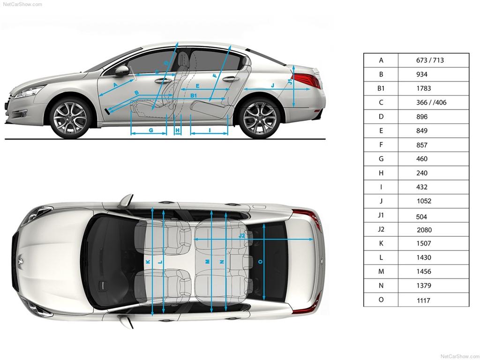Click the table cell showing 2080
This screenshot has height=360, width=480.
pos(424,230)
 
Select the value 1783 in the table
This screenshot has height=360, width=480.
pos(423,89)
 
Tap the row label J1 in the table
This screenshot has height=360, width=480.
pos(381,215)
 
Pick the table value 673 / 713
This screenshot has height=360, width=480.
pos(430,60)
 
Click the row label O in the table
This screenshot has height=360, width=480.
pos(381,300)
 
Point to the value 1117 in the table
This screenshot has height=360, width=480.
pos(423,300)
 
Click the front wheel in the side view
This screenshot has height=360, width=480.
pos(70,118)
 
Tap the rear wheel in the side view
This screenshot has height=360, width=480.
pos(260,118)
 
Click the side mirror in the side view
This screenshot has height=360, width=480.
pos(122,71)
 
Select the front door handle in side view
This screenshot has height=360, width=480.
pos(163,81)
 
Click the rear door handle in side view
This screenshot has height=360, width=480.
pos(231,79)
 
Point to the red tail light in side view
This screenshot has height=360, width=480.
pos(306,80)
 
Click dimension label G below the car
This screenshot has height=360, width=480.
pos(151,130)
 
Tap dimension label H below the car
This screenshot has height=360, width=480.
pos(178,130)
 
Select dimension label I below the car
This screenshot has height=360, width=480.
pos(210,130)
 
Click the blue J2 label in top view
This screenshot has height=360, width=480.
pos(242,236)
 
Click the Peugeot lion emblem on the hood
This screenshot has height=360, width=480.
pos(21,261)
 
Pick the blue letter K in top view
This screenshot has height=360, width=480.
pos(148,262)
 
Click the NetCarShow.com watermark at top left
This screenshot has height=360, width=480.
pos(22,4)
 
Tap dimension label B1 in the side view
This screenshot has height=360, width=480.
pos(194,96)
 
